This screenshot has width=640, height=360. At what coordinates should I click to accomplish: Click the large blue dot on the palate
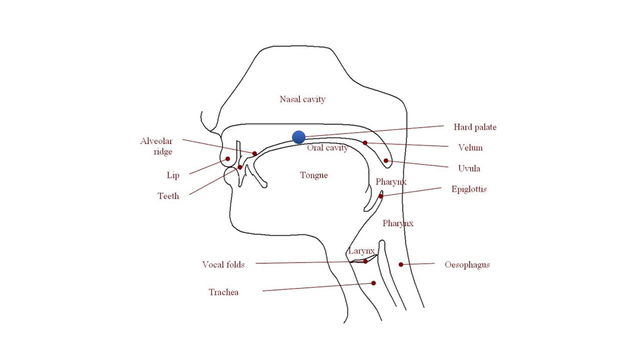click(298, 137)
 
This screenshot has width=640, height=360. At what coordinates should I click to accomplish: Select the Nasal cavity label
click(302, 99)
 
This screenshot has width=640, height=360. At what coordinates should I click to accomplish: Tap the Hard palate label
click(475, 127)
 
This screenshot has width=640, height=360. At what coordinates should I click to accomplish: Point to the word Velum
click(470, 147)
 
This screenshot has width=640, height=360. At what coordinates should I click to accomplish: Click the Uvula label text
click(469, 168)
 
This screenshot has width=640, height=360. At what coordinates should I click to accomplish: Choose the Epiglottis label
click(469, 189)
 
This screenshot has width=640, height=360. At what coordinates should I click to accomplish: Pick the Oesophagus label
click(467, 265)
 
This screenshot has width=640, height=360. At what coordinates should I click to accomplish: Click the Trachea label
click(223, 292)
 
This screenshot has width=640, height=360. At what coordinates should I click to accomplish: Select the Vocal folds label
click(223, 264)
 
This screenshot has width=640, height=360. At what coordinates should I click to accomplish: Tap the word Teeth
click(168, 196)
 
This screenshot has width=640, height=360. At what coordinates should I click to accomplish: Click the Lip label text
click(173, 175)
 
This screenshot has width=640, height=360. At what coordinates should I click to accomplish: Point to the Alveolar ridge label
click(156, 146)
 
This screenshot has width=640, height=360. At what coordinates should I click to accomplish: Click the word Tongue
click(313, 175)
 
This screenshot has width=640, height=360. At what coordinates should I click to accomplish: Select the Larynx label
click(361, 251)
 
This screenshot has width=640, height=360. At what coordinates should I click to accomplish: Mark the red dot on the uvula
click(386, 160)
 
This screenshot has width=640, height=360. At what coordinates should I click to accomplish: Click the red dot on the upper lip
click(227, 158)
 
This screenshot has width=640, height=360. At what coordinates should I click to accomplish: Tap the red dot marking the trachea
click(373, 283)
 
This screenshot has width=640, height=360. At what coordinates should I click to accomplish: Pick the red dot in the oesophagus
click(401, 264)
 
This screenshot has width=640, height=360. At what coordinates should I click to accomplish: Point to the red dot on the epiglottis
click(381, 196)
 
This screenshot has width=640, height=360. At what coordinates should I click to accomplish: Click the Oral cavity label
click(327, 147)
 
